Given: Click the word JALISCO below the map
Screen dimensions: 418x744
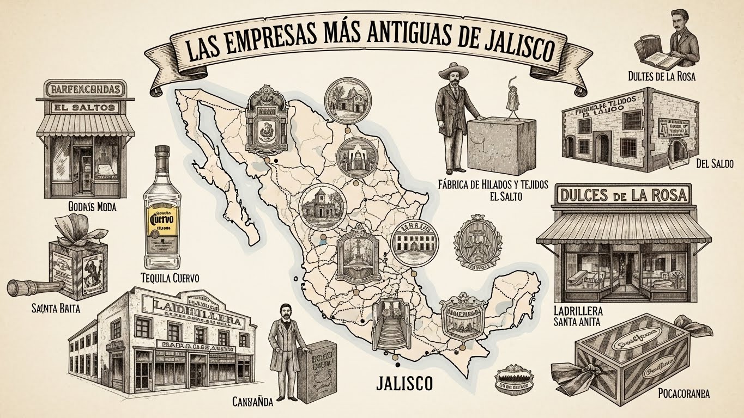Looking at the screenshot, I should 404,383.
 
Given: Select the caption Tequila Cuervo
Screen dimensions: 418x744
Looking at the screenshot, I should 170,278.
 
